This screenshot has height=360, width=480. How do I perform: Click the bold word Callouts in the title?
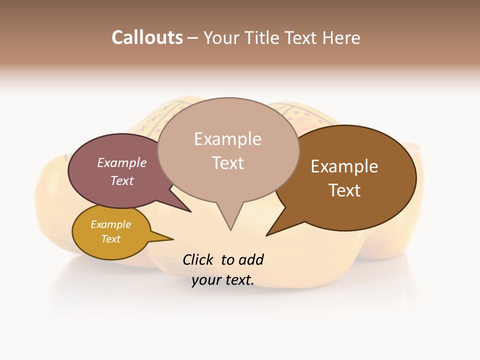147,37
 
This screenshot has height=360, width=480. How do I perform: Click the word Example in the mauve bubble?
122,162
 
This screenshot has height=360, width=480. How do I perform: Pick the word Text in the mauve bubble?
122,180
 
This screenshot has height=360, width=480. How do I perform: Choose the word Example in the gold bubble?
110,224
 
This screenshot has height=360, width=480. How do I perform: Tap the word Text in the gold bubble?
110,239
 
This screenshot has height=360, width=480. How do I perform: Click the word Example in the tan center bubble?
227,138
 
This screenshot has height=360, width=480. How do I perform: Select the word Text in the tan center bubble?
227,162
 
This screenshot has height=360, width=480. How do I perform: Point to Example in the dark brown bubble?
344,166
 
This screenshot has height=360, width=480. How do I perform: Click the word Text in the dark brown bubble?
344,190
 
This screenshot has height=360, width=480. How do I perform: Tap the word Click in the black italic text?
198,259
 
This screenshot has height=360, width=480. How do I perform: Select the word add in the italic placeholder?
251,259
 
